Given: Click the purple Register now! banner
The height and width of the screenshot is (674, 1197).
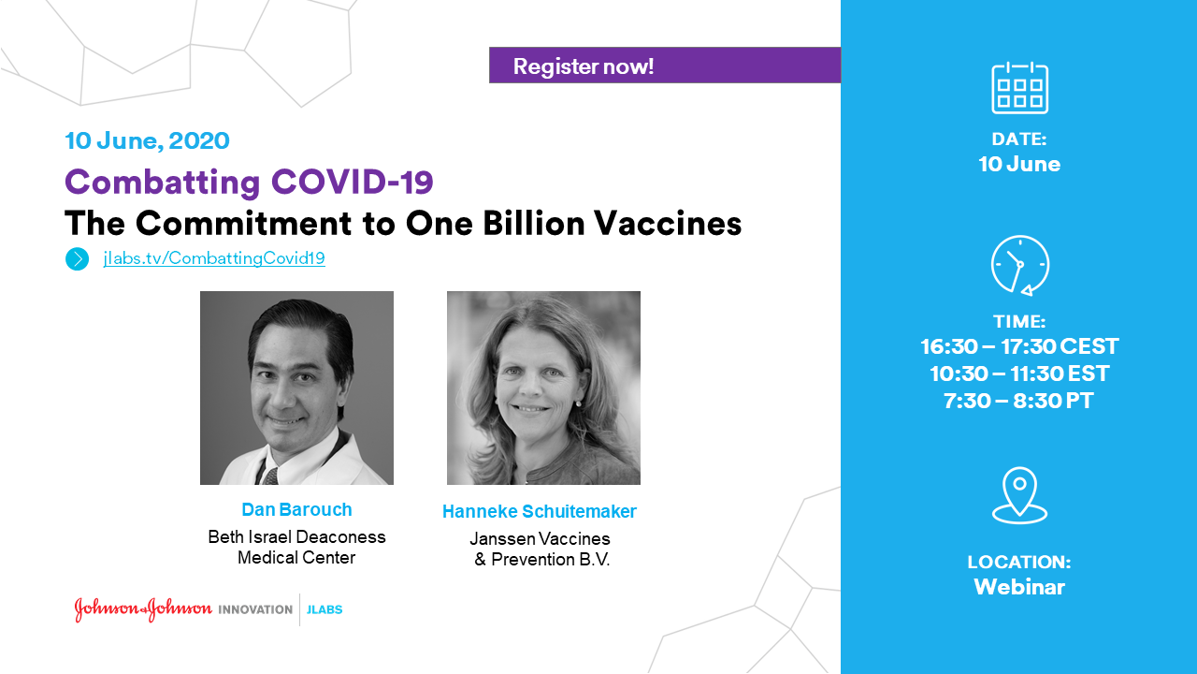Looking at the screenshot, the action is click(665, 66).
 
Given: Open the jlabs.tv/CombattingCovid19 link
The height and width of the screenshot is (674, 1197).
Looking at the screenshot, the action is click(214, 258).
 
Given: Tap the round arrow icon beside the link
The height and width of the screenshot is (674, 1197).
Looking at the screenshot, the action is click(78, 259).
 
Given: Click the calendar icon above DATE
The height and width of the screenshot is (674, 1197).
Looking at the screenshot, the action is click(1019, 88).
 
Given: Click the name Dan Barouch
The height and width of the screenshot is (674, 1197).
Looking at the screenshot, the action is click(296, 510).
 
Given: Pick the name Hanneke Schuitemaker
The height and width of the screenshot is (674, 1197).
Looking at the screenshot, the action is click(540, 511).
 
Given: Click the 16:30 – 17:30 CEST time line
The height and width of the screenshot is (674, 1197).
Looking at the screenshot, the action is click(1019, 346).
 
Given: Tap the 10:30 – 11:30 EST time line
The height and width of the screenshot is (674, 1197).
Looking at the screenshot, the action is click(1019, 374).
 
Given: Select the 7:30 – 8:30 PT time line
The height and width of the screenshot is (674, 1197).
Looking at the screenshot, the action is click(1018, 402).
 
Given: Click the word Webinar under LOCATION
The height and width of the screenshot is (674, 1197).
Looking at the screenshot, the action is click(1019, 587).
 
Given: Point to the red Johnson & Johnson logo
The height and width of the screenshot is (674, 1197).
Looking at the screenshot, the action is click(143, 609).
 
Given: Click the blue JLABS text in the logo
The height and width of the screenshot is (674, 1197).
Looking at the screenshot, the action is click(324, 609).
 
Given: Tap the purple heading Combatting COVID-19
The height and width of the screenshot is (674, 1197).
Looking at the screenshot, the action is click(249, 182).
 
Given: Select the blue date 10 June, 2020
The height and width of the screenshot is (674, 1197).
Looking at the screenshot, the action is click(148, 140).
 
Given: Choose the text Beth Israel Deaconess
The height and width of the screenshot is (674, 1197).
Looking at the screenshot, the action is click(296, 536).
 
